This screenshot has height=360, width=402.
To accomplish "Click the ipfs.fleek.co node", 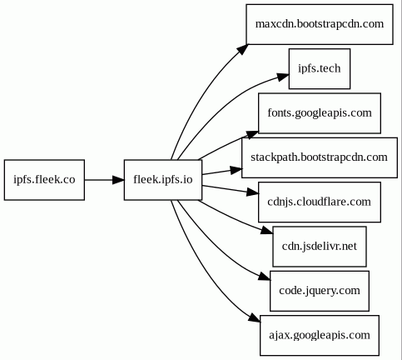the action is (x=44, y=180).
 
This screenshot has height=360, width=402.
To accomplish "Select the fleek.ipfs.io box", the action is (x=163, y=180).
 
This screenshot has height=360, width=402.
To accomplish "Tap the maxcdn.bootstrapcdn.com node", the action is (x=320, y=24).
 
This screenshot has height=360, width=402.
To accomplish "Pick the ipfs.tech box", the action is (x=320, y=68).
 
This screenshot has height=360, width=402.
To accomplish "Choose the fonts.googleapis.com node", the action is (x=320, y=113).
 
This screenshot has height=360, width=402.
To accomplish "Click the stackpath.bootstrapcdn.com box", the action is (x=320, y=157).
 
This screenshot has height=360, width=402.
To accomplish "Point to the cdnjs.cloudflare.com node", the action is (x=320, y=202).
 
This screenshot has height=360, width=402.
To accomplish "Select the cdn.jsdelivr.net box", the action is (x=320, y=247).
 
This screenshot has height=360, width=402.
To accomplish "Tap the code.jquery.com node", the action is (x=320, y=291).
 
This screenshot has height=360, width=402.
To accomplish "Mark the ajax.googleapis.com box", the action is (x=320, y=335).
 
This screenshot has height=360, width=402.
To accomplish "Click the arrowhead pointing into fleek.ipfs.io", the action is (x=118, y=180).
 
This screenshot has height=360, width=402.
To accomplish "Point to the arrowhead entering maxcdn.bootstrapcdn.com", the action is (x=242, y=49).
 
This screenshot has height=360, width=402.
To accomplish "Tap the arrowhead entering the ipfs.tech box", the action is (x=283, y=77).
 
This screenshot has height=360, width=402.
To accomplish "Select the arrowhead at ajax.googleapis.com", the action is (x=255, y=318).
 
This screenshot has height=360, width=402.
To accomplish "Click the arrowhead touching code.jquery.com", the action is (x=265, y=277).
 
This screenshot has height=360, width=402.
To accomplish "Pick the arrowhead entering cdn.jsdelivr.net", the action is (x=267, y=231).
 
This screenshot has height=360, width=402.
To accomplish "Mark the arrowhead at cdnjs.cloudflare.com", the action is (x=252, y=192).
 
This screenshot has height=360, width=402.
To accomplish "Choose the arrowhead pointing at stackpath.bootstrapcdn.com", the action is (x=236, y=170).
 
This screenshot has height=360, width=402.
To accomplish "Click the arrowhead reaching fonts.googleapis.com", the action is (x=252, y=134).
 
